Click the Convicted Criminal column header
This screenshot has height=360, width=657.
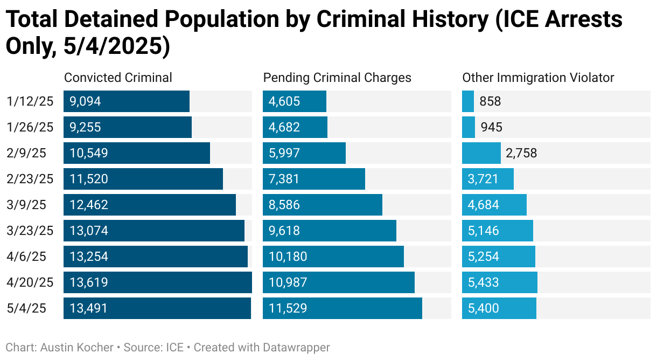(118, 78)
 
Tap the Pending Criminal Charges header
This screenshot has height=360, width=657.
(337, 78)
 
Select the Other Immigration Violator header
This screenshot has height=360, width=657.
(538, 78)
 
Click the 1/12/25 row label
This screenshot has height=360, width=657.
(30, 101)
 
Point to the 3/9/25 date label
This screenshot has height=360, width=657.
(27, 205)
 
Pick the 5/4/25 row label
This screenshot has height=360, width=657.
(27, 308)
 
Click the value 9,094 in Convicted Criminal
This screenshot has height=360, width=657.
(85, 101)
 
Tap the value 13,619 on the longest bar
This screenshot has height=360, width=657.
(89, 282)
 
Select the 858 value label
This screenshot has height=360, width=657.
(490, 101)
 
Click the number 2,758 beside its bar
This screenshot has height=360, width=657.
(521, 153)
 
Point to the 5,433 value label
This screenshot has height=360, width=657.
(484, 282)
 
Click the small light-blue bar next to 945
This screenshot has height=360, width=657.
(469, 127)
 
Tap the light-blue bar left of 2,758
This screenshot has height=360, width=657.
(481, 153)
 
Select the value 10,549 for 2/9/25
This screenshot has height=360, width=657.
(89, 153)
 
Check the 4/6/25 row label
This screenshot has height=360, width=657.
(27, 257)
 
